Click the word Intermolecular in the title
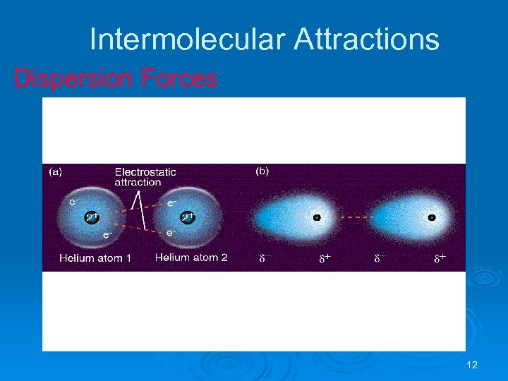(186, 40)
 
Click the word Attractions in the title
(366, 40)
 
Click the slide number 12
(472, 365)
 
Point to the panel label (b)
(262, 171)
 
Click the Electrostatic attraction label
(145, 177)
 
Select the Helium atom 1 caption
(95, 258)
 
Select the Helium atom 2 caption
(191, 258)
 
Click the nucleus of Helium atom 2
(188, 217)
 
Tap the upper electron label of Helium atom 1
(74, 201)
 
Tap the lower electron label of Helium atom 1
(107, 234)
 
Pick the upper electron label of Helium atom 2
(171, 202)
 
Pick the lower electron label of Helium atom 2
(171, 232)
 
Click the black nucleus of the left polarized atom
(317, 218)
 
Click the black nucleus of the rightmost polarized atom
(432, 218)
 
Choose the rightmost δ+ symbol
(440, 260)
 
